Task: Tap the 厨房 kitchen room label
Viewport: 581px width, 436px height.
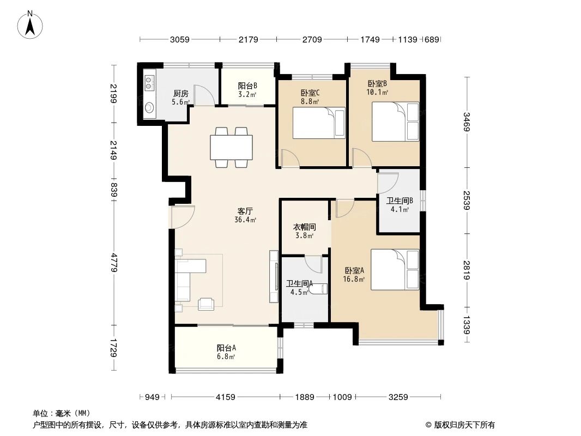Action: click(181, 93)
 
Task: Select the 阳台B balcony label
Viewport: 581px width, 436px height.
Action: click(247, 86)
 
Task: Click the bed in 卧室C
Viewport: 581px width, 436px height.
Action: click(319, 123)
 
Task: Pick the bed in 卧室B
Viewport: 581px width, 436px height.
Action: click(395, 120)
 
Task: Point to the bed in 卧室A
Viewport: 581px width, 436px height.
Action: click(395, 269)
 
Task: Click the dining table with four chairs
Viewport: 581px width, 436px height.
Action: click(232, 147)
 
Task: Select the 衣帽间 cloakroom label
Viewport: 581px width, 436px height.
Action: click(305, 227)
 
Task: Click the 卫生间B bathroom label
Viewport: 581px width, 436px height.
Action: click(400, 201)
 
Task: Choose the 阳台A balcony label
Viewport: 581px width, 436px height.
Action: click(226, 348)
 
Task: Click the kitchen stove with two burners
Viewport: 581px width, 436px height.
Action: click(149, 82)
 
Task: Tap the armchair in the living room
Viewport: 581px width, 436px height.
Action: click(207, 303)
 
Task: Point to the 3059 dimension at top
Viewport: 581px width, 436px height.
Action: click(180, 39)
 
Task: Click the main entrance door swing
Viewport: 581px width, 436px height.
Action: click(182, 217)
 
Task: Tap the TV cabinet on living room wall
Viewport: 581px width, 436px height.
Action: click(274, 276)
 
